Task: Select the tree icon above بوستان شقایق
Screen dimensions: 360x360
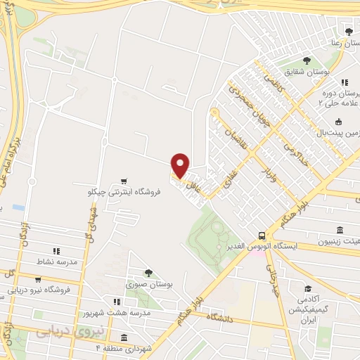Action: point(306,60)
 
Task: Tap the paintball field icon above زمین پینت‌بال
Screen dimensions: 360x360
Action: point(339,122)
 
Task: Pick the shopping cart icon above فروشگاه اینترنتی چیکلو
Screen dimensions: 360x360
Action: point(124,181)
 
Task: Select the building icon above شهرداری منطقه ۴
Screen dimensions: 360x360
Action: point(124,337)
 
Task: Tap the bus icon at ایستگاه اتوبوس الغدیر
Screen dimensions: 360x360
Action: point(262,236)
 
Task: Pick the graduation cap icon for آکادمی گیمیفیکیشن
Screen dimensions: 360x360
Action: point(308,289)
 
